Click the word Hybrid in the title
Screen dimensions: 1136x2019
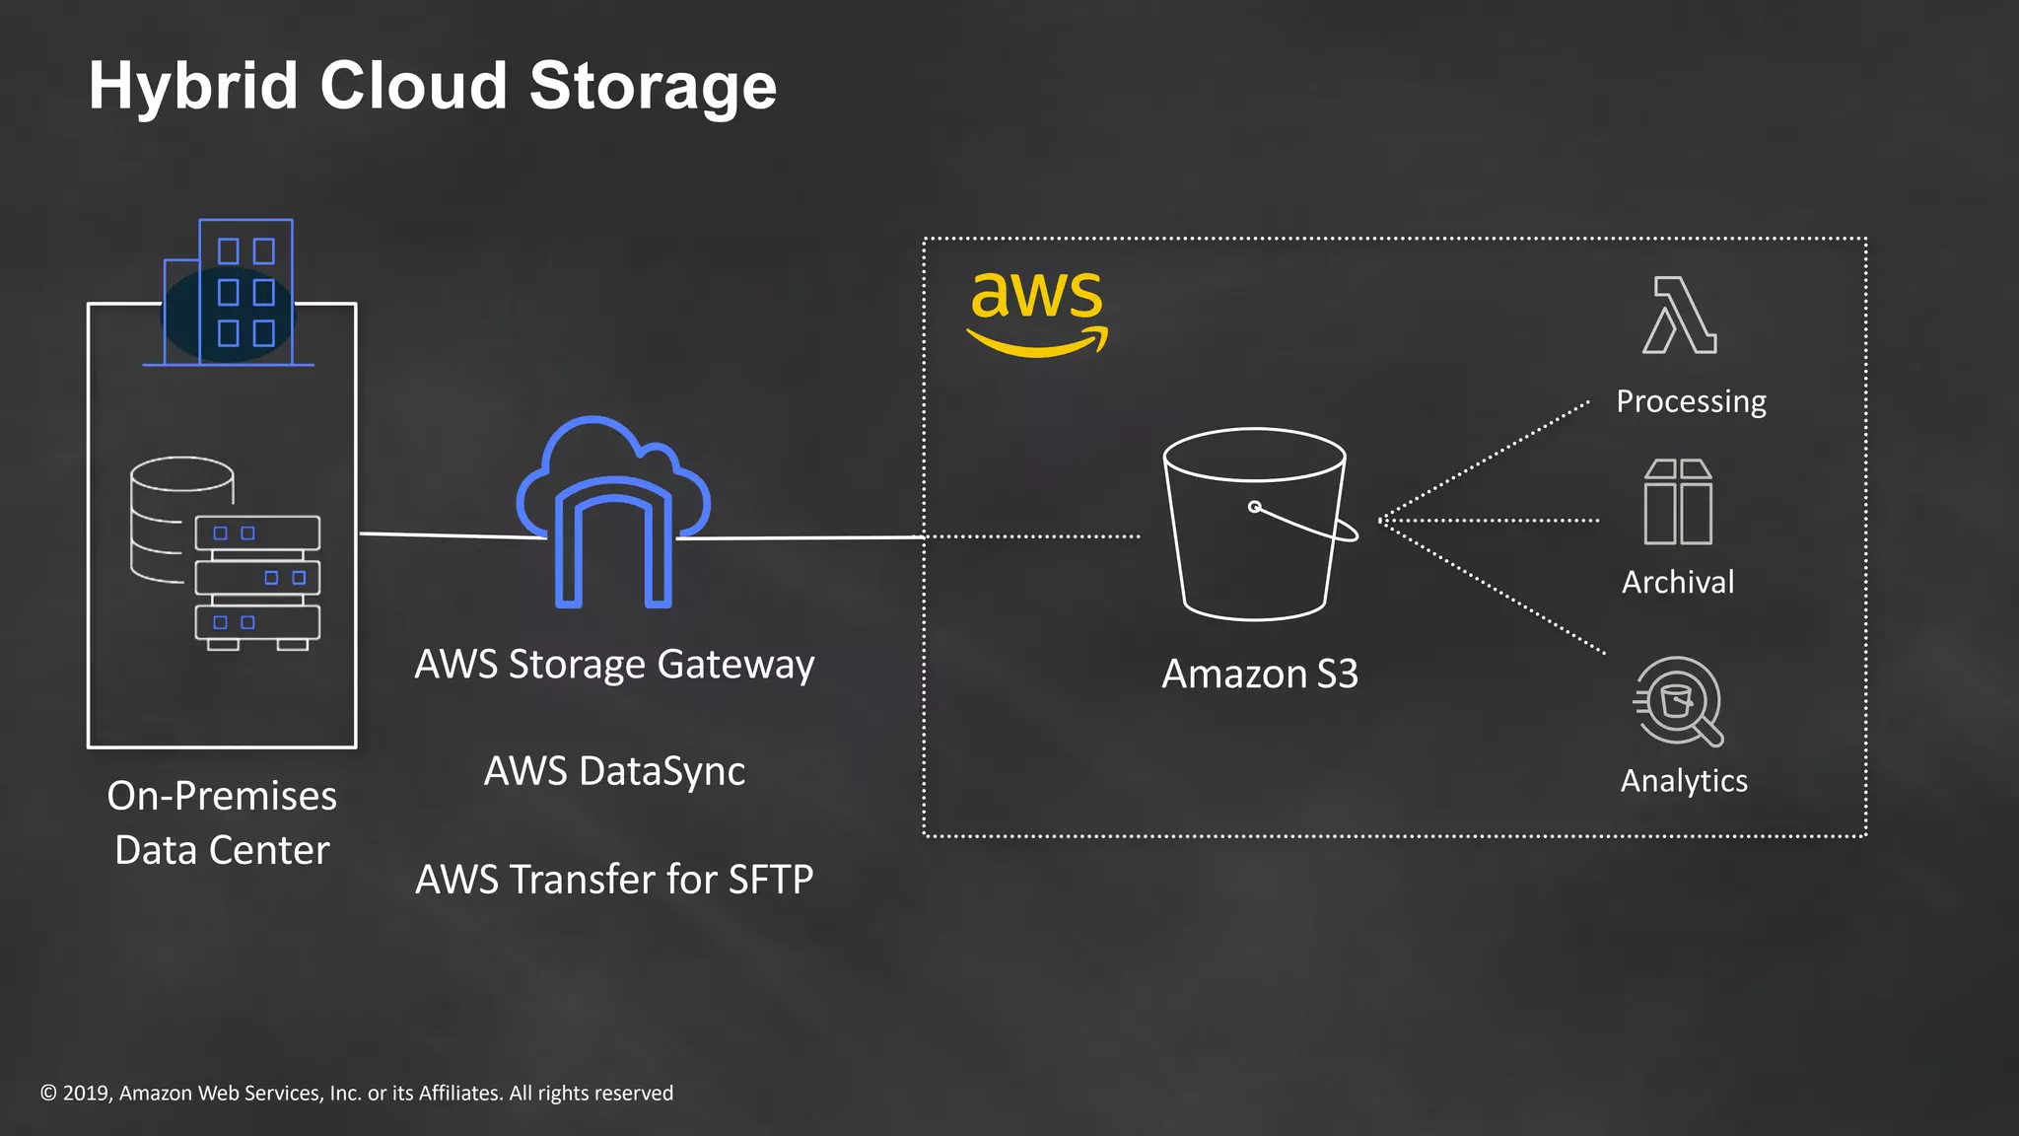[192, 87]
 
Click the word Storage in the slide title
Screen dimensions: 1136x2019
[653, 87]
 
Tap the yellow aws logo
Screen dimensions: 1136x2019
[1037, 310]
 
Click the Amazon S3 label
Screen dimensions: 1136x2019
[1260, 674]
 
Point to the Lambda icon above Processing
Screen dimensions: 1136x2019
[1680, 316]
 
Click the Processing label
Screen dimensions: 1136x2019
[1691, 401]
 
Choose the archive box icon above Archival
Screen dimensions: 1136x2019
[1678, 502]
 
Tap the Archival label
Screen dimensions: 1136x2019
[1678, 583]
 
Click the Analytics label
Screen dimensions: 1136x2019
[1684, 781]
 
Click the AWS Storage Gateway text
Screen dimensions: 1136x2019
[614, 665]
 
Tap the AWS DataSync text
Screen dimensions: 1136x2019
[614, 771]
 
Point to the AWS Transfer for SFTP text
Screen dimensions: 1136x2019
[614, 880]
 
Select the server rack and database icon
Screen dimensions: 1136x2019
[226, 553]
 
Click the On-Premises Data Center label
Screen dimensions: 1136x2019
[222, 822]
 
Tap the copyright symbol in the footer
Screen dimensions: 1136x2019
[48, 1093]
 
